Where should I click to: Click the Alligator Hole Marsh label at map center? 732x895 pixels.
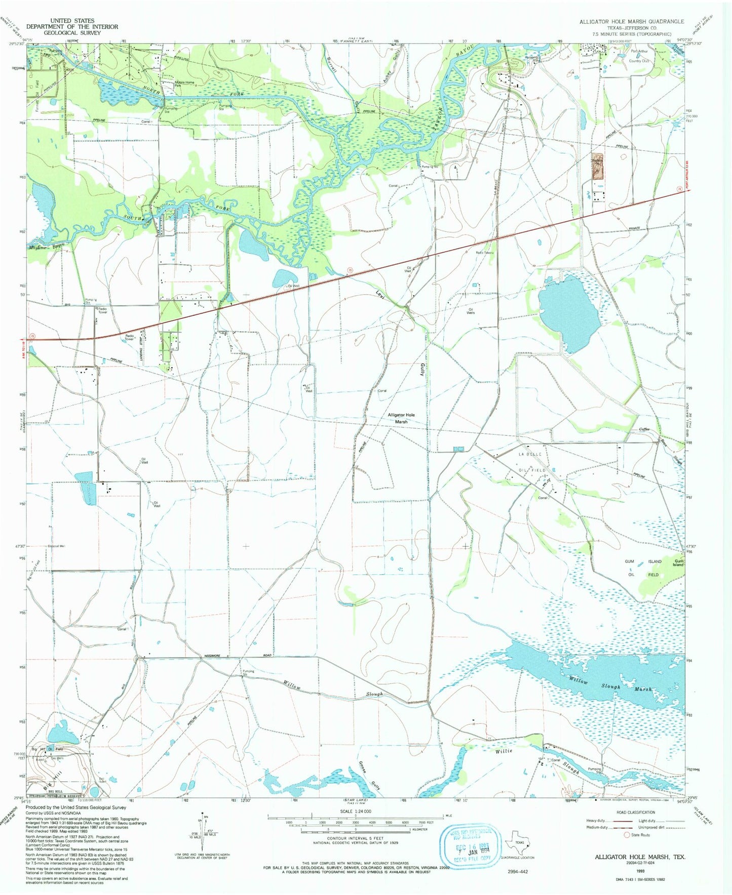click(401, 418)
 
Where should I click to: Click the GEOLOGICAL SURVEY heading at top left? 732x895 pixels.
click(72, 33)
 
